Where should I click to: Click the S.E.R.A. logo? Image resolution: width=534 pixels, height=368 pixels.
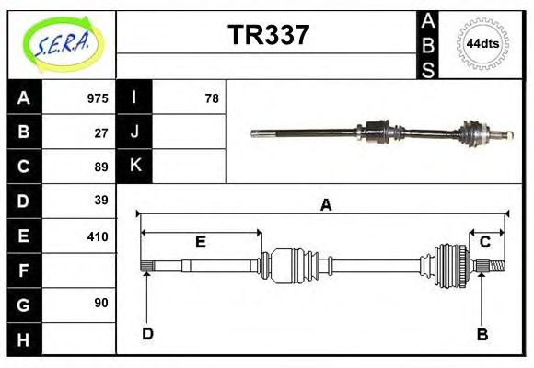click(61, 44)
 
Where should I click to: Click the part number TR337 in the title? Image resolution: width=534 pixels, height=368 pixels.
click(268, 35)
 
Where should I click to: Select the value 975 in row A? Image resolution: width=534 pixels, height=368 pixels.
click(97, 98)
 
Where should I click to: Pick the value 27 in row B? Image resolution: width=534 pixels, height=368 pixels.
click(101, 132)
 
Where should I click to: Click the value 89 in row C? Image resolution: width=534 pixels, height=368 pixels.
click(101, 167)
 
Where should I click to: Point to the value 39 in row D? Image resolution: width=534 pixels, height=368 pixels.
click(101, 200)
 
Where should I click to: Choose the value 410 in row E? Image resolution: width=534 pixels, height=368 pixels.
click(97, 236)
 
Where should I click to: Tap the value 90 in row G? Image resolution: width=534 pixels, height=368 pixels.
click(101, 303)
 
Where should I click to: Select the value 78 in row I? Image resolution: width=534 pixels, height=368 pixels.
click(211, 98)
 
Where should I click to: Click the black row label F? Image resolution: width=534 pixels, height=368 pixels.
click(24, 270)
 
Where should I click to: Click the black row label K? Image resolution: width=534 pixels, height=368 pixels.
click(135, 167)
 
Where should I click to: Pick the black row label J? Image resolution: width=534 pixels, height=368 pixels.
click(135, 132)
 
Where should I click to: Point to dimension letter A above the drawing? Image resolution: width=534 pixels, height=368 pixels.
click(325, 206)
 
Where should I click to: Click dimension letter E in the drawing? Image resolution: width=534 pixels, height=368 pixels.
click(200, 242)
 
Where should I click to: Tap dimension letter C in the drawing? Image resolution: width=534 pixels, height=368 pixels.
click(484, 242)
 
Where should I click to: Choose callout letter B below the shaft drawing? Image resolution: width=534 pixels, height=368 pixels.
click(482, 334)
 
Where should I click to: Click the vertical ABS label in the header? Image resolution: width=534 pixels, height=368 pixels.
click(428, 44)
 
